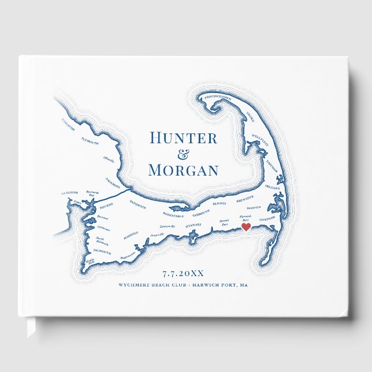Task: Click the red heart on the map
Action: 246,227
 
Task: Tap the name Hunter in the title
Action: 183,138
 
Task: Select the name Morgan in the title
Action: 183,170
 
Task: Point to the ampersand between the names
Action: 183,154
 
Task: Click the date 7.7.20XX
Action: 183,273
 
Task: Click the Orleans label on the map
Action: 273,188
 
